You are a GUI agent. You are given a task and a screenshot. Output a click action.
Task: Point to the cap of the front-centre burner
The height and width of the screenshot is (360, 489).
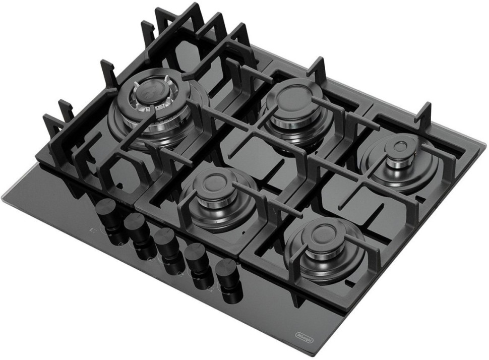(213, 183)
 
